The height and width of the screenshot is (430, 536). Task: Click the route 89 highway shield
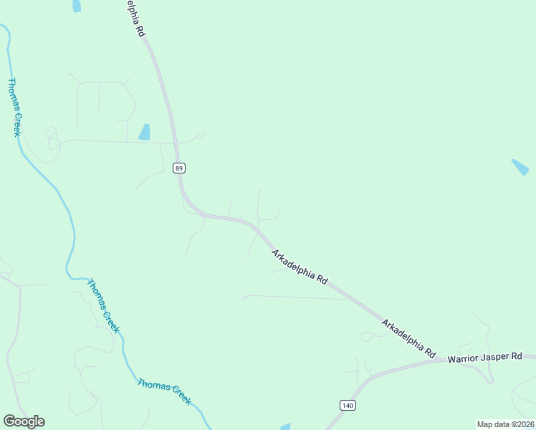pos(179,168)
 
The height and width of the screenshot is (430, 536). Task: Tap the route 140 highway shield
pos(348,405)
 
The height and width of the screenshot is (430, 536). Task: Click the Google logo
pos(24,421)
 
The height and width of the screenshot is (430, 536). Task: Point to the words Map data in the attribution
pos(492,424)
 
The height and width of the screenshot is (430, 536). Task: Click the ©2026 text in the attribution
pos(521,424)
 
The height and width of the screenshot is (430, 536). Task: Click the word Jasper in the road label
pos(497,357)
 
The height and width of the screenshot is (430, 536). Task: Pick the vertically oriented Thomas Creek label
pos(14,107)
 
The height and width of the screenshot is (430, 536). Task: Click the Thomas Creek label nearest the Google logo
pos(165,392)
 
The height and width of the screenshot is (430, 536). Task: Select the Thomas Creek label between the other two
pos(102,305)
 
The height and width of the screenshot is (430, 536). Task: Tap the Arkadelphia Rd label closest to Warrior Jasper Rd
pos(408,339)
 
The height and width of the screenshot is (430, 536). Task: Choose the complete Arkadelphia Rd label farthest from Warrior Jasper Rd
pos(300,267)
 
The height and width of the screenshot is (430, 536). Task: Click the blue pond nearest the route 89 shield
pos(144,132)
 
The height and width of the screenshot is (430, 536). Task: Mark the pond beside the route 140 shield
pos(286,426)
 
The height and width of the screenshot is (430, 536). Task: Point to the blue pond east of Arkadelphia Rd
pos(520,167)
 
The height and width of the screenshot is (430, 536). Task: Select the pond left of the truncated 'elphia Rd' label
pos(77,6)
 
